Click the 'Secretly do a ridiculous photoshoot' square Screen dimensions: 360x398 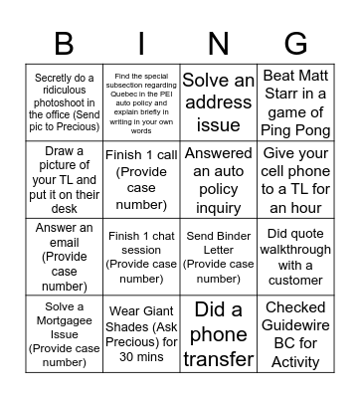point(64,102)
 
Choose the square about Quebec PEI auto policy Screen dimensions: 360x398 point(141,102)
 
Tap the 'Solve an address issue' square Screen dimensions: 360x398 point(218,102)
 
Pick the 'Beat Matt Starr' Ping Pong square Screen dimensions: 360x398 point(295,102)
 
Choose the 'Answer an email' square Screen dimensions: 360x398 point(64,256)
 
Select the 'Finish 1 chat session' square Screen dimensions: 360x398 point(141,256)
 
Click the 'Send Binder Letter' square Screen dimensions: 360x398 point(218,256)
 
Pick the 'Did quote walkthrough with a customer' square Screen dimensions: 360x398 point(295,256)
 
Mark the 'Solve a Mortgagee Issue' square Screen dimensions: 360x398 point(64,332)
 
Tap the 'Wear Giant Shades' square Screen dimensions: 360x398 point(141,332)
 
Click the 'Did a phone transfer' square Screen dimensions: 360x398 point(218,332)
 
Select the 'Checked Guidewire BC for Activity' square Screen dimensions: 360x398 point(295,332)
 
